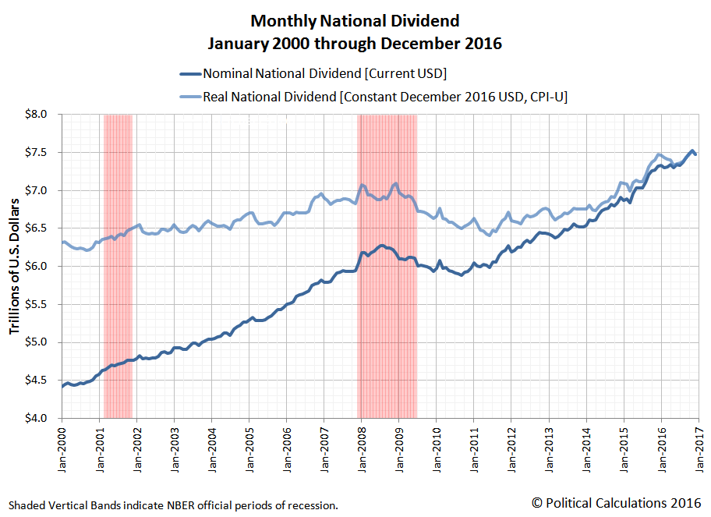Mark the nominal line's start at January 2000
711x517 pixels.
[x=62, y=386]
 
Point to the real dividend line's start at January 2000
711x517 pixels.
[x=62, y=243]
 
